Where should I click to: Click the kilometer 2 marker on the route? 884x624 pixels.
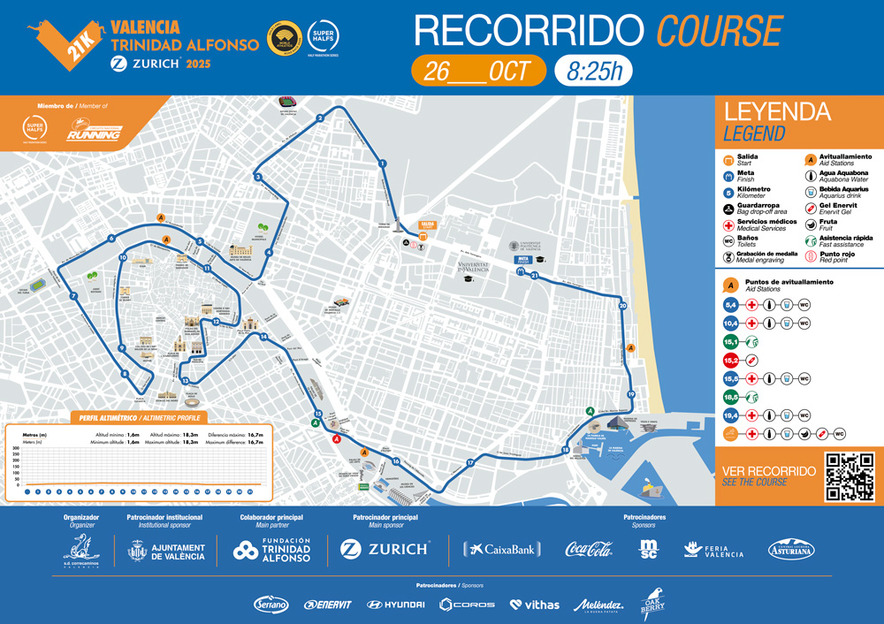click(x=320, y=118)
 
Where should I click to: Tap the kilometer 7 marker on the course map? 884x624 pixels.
click(x=72, y=296)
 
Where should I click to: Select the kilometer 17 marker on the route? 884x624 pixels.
click(x=470, y=462)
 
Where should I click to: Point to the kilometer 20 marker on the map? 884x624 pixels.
click(x=623, y=306)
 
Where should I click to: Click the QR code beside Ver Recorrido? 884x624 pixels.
click(x=849, y=476)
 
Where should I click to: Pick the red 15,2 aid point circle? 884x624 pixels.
click(x=731, y=360)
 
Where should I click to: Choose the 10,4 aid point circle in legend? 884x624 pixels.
click(x=731, y=323)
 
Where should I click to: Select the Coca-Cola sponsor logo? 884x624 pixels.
click(x=589, y=550)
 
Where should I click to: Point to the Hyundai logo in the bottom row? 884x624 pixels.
click(x=395, y=605)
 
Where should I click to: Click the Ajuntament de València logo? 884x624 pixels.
click(x=167, y=552)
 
